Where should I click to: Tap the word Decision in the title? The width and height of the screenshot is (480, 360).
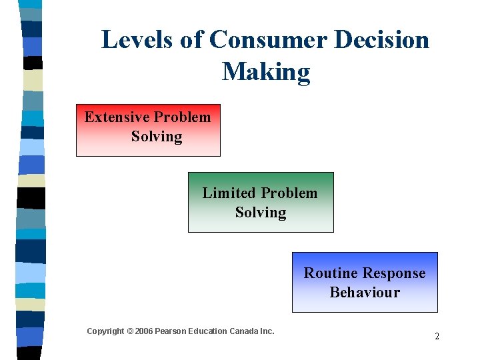coord(383,40)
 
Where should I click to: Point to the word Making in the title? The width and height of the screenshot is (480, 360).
coord(266,72)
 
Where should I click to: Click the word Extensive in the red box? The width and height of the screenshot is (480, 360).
coord(117,117)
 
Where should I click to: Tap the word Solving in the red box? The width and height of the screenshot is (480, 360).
coord(157,137)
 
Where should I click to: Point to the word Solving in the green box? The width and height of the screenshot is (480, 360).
coord(261,213)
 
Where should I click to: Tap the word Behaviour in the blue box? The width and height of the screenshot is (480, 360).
coord(365,293)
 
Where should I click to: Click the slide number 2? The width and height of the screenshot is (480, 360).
coord(437,337)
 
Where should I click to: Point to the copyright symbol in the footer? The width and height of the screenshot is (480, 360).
coord(130,331)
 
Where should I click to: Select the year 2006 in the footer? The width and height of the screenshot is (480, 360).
coord(143,331)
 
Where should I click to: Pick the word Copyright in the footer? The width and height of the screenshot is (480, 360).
coord(105,331)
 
